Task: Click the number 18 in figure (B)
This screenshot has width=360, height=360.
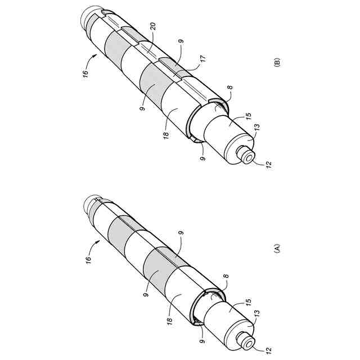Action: click(x=166, y=136)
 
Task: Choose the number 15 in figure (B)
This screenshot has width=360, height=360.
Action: click(x=248, y=119)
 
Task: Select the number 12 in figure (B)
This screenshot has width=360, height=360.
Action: click(x=268, y=164)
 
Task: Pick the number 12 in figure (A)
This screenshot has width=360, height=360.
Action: click(x=268, y=349)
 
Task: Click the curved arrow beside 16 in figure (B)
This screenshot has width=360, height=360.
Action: click(x=93, y=57)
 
